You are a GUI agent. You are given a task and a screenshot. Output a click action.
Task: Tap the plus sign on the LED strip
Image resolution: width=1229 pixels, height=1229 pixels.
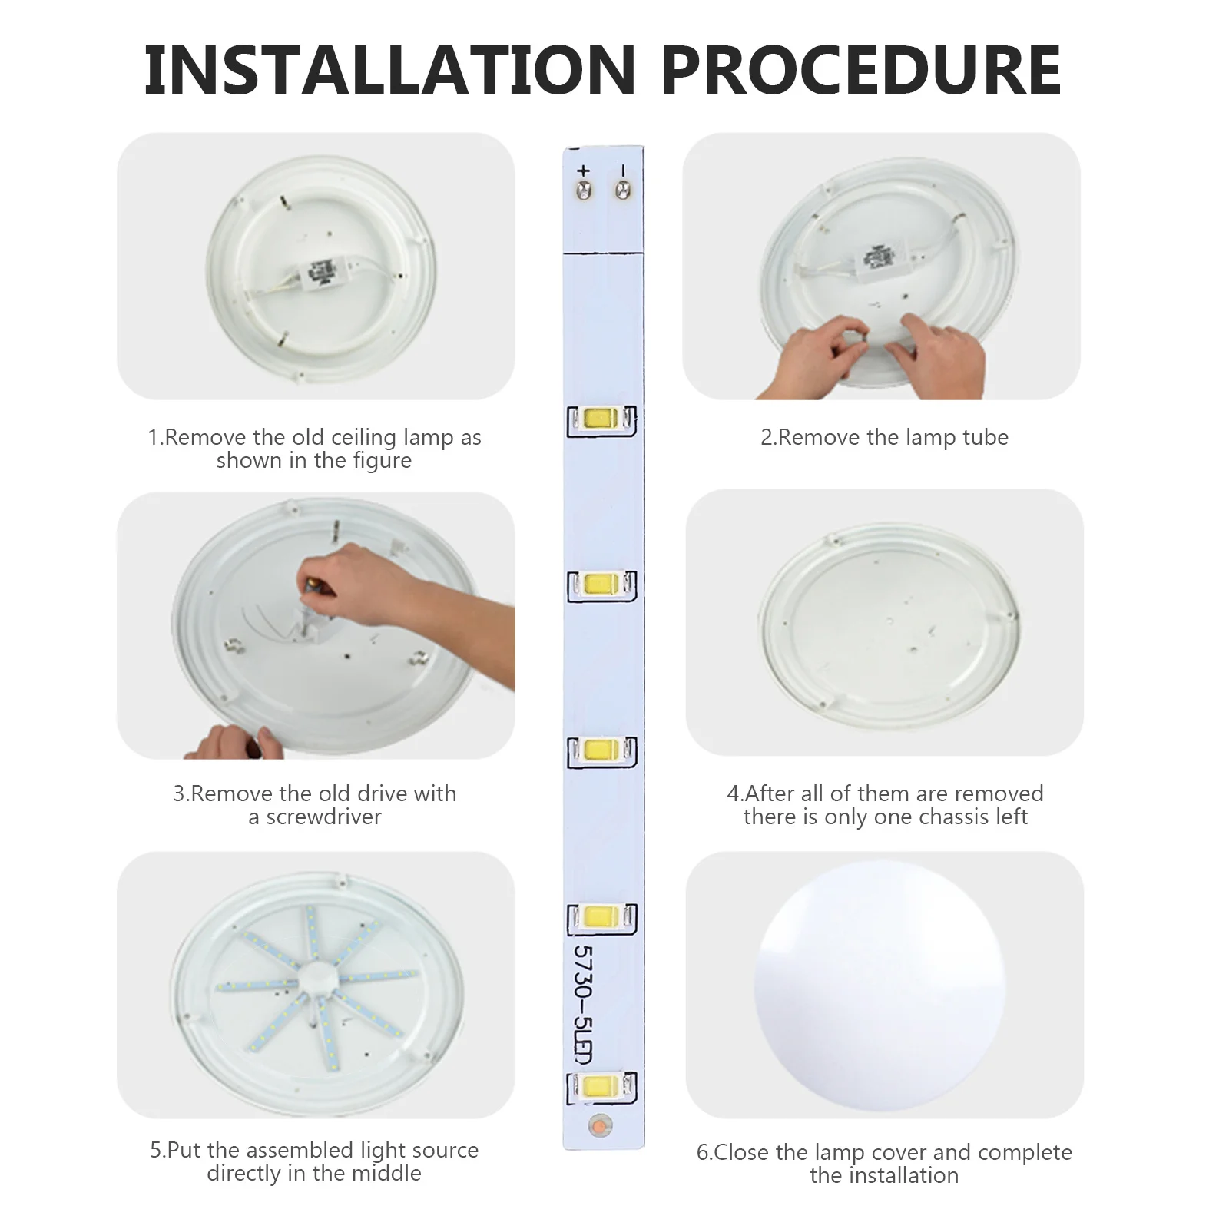pyautogui.click(x=583, y=171)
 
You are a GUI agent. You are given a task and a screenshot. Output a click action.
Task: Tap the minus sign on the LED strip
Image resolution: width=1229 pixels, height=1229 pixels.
pyautogui.click(x=623, y=171)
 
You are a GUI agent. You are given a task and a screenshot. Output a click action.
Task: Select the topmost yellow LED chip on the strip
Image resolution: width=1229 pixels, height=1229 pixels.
pyautogui.click(x=601, y=419)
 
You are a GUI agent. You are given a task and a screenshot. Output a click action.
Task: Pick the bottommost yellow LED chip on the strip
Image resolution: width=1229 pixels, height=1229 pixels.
pyautogui.click(x=601, y=1085)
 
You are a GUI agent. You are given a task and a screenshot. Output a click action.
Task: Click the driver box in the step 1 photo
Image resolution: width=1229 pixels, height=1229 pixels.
pyautogui.click(x=321, y=274)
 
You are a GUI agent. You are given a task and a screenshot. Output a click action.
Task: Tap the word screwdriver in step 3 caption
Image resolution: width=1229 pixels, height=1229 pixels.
pyautogui.click(x=323, y=817)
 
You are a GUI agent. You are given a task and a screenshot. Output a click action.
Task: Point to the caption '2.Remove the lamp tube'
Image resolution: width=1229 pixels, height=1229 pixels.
pyautogui.click(x=884, y=437)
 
